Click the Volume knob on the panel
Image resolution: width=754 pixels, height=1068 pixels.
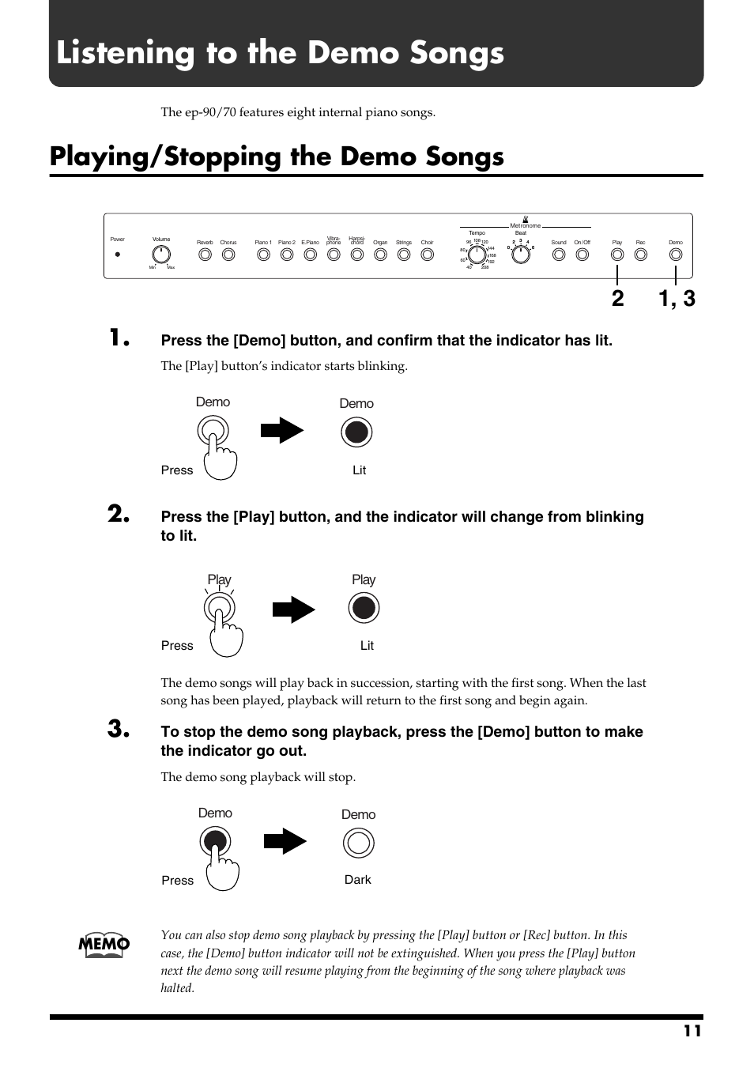coord(161,255)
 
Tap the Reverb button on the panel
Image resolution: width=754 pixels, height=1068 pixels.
coord(205,255)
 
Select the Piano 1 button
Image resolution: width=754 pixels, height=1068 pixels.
coord(263,255)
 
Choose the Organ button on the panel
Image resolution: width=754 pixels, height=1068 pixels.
coord(380,255)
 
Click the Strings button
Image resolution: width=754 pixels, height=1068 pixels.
coord(404,255)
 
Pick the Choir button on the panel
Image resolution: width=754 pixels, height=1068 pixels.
coord(427,255)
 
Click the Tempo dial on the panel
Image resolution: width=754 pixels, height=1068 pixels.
coord(477,255)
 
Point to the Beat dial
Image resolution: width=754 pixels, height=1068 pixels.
coord(521,255)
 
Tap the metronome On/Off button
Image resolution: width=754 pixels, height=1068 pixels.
coord(582,255)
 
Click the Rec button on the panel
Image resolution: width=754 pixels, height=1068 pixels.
coord(641,255)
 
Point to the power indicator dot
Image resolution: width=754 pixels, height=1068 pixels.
coord(118,255)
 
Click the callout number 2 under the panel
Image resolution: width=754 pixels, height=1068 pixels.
coord(617,299)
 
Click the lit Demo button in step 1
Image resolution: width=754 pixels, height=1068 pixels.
coord(356,432)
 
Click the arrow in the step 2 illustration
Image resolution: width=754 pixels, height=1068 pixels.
coord(293,609)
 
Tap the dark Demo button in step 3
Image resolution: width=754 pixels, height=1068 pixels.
coord(358,843)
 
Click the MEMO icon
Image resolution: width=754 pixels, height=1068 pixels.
coord(104,944)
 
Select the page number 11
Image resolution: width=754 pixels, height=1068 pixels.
coord(692,1031)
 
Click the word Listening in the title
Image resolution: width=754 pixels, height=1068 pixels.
coord(126,53)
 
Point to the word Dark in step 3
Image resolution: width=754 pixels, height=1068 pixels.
coord(358,880)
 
